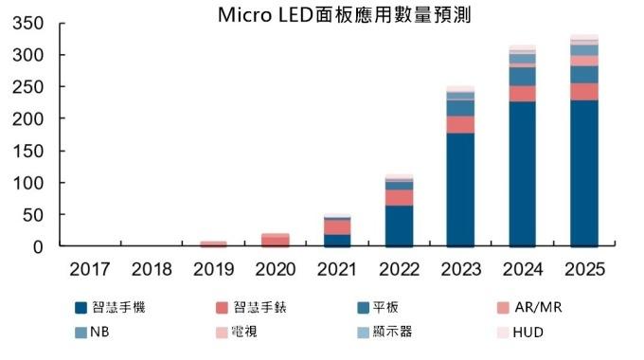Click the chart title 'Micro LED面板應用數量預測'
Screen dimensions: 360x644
click(x=344, y=15)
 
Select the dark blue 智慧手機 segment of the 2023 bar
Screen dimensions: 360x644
click(x=461, y=189)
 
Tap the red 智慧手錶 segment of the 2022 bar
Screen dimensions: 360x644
click(x=399, y=197)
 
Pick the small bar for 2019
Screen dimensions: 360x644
click(x=214, y=243)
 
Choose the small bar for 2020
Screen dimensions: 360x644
click(x=276, y=241)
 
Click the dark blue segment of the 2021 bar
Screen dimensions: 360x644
click(x=337, y=240)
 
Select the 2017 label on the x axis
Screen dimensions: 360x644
click(x=91, y=269)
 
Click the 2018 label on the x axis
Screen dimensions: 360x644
click(x=152, y=269)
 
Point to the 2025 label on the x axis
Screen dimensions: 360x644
click(x=584, y=269)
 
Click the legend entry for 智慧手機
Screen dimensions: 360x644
click(x=112, y=308)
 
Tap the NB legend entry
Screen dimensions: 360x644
click(x=92, y=333)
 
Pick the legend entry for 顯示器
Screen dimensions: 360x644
click(x=384, y=333)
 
